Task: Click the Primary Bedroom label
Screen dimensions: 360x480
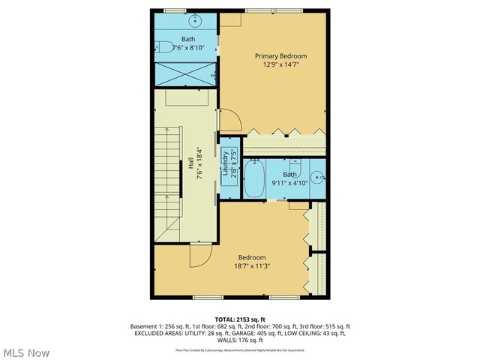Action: coord(280,55)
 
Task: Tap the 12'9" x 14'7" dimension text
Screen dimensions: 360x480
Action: coord(280,64)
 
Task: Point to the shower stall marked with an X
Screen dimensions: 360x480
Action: coord(184,74)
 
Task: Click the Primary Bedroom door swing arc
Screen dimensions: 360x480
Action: coord(229,118)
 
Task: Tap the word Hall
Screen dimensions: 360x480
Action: coord(191,162)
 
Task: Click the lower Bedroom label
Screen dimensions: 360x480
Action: coord(252,257)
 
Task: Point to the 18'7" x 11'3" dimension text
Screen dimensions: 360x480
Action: coord(252,266)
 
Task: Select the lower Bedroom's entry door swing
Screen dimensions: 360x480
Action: coord(199,256)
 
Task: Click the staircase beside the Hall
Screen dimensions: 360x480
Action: coord(168,181)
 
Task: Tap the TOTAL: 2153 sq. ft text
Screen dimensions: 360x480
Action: coord(239,319)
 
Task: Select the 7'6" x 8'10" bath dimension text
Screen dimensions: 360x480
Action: coord(188,47)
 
